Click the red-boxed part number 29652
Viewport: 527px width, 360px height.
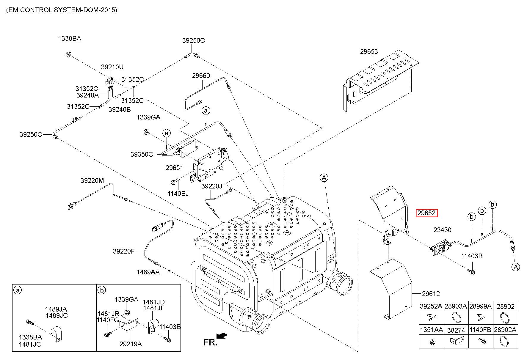click(x=427, y=213)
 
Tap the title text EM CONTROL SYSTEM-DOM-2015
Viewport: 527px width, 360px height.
click(x=62, y=10)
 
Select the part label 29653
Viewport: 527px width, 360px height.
click(x=369, y=51)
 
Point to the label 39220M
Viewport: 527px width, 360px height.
click(x=92, y=180)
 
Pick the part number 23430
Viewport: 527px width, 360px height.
click(x=442, y=230)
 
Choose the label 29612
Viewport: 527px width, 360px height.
click(x=431, y=294)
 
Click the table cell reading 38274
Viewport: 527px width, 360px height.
click(x=456, y=330)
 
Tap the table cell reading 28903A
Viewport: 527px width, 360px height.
click(x=456, y=306)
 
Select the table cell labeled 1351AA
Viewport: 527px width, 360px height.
click(x=431, y=330)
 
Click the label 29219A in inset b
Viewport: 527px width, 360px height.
click(x=131, y=344)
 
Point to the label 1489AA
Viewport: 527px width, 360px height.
click(x=148, y=272)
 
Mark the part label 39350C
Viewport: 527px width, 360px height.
click(x=142, y=154)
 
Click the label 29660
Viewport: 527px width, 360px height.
click(x=201, y=76)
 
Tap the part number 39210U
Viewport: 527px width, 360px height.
click(x=112, y=67)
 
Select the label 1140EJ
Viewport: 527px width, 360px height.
click(x=178, y=194)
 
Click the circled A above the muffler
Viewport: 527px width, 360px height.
click(x=324, y=178)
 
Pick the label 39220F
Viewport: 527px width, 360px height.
click(x=123, y=251)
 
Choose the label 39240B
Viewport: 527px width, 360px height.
click(x=120, y=109)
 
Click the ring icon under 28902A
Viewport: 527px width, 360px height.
click(x=505, y=342)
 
